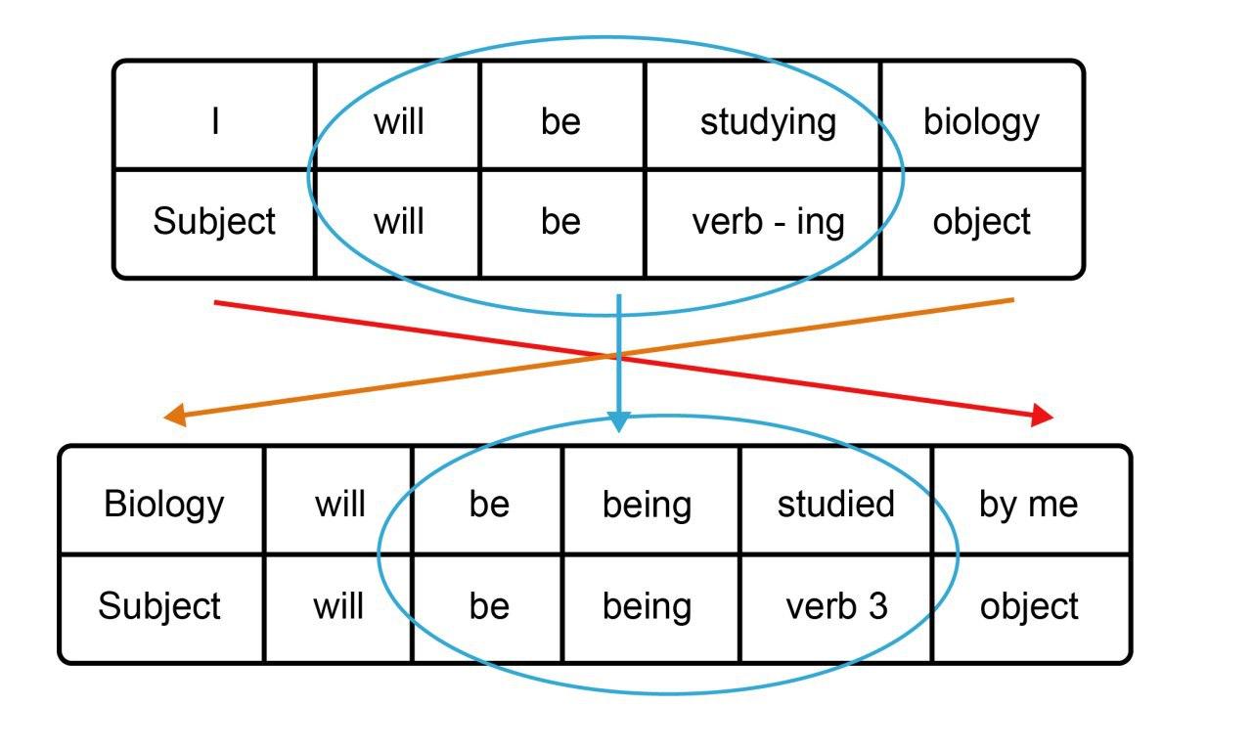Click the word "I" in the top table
coord(214,122)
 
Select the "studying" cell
coord(768,122)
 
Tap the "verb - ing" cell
coord(768,222)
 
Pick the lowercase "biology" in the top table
coord(981,122)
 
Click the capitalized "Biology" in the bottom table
coord(163,504)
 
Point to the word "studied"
coord(835,504)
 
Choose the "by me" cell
coord(1028,504)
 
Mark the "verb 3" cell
coord(836,606)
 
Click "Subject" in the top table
coord(214,222)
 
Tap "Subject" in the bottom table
coord(159,606)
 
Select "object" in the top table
coord(981,222)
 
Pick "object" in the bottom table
coord(1029,606)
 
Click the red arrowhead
coord(1043,416)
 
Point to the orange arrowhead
coord(175,417)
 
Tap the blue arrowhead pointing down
coord(619,421)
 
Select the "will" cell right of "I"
coord(398,122)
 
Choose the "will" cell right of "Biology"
coord(339,504)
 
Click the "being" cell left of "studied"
coord(647,504)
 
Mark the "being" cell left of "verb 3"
coord(647,606)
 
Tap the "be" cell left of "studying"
coord(560,122)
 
